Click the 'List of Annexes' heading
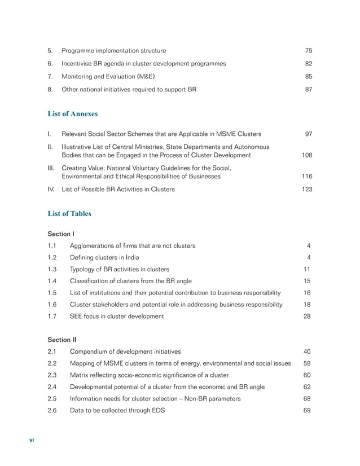pos(72,114)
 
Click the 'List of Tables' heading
pos(69,214)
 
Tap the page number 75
pos(308,50)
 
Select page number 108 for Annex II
pos(306,155)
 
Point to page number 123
pos(306,190)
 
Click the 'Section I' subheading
pos(61,233)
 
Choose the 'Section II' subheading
pos(62,340)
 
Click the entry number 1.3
pos(52,269)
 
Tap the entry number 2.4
pos(52,386)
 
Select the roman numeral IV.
pos(51,190)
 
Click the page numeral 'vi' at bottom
pos(32,440)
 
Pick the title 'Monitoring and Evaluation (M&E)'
pos(108,76)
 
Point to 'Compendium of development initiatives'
pos(125,351)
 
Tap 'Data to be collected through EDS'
pos(117,410)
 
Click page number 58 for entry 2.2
pos(308,363)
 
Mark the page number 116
pos(306,177)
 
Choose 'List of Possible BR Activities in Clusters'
pos(118,190)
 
